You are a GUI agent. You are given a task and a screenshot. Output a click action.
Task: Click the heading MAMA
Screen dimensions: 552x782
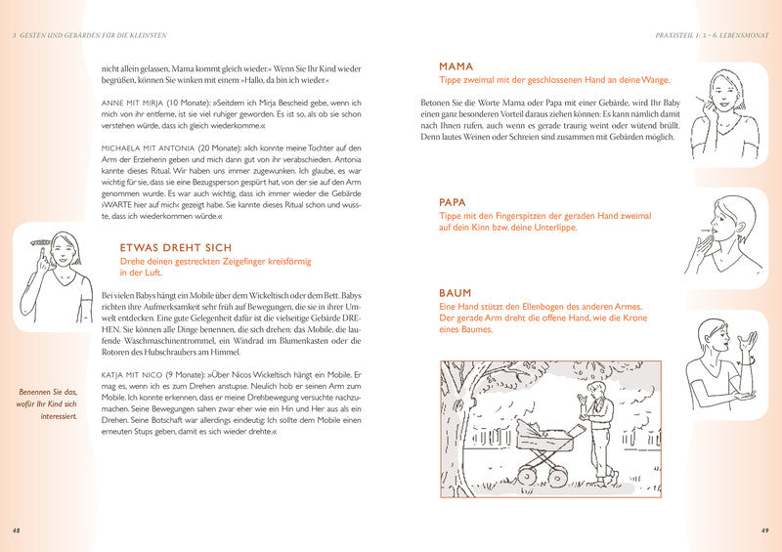(456, 66)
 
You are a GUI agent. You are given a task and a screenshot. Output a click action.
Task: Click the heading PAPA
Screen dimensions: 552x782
(455, 202)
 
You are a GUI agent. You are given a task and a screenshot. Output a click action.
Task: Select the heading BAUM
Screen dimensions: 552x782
(456, 293)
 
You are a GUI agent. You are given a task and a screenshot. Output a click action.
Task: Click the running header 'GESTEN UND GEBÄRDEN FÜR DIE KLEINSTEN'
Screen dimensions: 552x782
(93, 35)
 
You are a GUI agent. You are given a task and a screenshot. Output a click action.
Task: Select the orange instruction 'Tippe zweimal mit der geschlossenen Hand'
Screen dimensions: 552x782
(561, 80)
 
